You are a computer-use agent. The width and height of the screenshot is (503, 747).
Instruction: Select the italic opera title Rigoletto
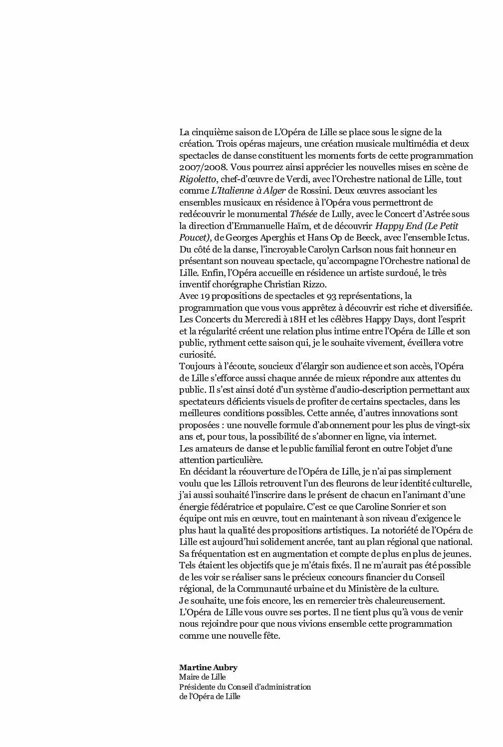[x=198, y=179]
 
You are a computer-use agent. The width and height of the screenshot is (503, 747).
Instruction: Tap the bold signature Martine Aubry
[x=208, y=667]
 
